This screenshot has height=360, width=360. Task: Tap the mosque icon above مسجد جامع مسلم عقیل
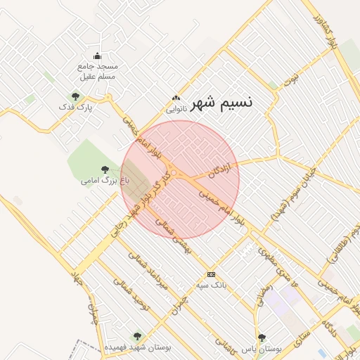click(x=97, y=57)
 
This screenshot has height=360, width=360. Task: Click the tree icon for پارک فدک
click(x=74, y=96)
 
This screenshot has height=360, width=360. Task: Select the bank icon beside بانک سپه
click(x=210, y=274)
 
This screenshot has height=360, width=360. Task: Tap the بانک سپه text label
click(x=210, y=285)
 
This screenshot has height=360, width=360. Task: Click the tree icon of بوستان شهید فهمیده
click(x=136, y=336)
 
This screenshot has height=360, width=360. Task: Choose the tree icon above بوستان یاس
click(x=262, y=337)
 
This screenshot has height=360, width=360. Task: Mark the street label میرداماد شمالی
click(x=154, y=274)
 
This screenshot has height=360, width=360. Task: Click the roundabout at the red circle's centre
click(x=174, y=173)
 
